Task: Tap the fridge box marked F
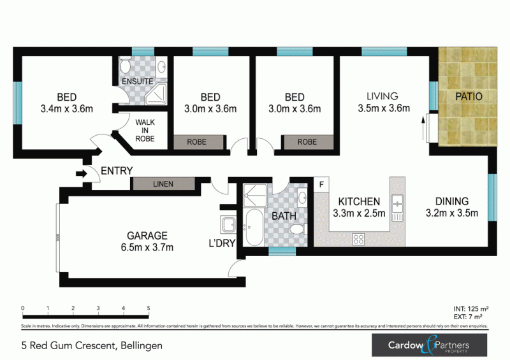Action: [321, 185]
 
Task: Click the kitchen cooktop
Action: [359, 240]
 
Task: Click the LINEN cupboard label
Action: [163, 184]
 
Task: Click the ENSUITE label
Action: [138, 82]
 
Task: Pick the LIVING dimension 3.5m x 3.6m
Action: [382, 108]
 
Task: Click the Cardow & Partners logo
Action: [429, 345]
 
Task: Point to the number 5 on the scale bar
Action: [149, 308]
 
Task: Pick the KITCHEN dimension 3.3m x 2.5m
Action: [359, 213]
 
